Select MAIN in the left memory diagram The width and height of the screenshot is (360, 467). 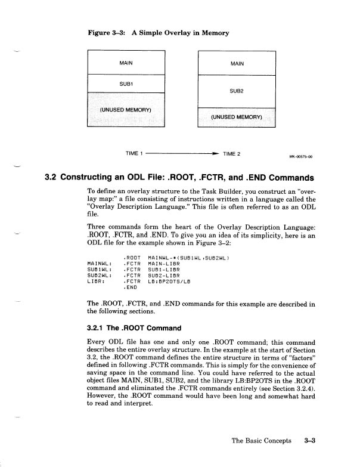126,61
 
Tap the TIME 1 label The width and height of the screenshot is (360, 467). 134,154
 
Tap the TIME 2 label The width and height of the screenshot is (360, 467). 231,154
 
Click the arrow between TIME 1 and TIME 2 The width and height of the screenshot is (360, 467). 181,154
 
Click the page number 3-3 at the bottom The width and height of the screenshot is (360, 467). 309,440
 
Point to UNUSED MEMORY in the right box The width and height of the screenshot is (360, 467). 237,117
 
